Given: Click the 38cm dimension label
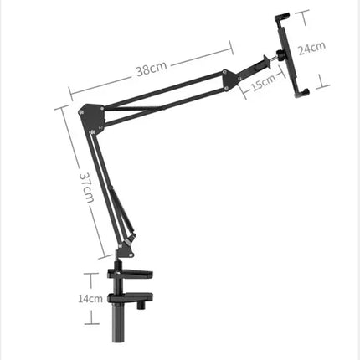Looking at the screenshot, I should point(152,69).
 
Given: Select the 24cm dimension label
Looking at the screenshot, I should point(312,48).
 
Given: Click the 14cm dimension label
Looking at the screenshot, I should point(90,297).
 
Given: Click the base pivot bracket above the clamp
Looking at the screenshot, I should point(126,249).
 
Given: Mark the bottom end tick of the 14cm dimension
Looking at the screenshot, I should point(90,323).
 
